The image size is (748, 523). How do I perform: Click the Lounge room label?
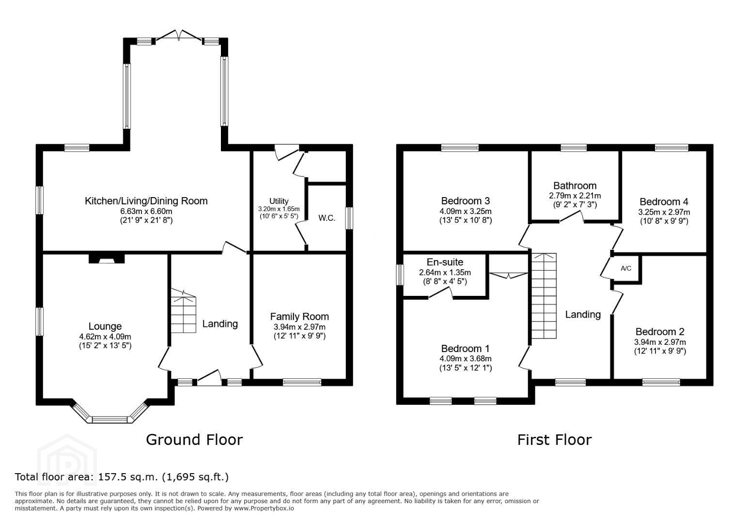105,326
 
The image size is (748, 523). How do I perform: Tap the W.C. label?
327,218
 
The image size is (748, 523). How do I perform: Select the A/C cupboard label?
626,268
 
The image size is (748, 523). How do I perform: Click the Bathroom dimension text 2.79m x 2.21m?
575,196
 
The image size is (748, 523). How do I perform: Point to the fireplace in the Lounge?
107,259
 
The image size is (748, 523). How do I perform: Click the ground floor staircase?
183,311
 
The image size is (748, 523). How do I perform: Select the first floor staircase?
544,296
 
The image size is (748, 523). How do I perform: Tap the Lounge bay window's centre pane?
110,420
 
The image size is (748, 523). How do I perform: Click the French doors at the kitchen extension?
179,36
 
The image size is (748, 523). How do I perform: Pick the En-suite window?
400,275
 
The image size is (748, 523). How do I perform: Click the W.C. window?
349,218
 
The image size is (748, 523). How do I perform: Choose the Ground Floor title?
194,440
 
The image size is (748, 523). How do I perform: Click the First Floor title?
554,440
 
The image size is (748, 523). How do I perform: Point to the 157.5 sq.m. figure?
127,477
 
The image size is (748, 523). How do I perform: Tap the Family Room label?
299,316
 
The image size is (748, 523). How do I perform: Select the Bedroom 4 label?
664,201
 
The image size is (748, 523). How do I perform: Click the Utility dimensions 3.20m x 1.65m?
279,209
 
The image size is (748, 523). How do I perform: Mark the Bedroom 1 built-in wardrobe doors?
509,276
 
